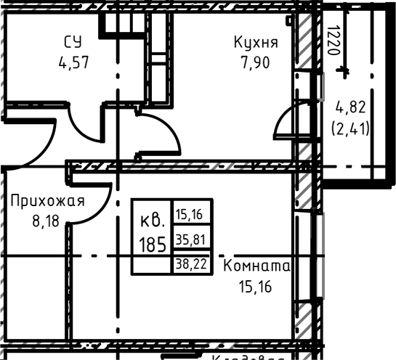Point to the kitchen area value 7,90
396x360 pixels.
coord(256,62)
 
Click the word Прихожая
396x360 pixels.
coord(47,200)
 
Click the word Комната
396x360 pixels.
coord(256,266)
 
